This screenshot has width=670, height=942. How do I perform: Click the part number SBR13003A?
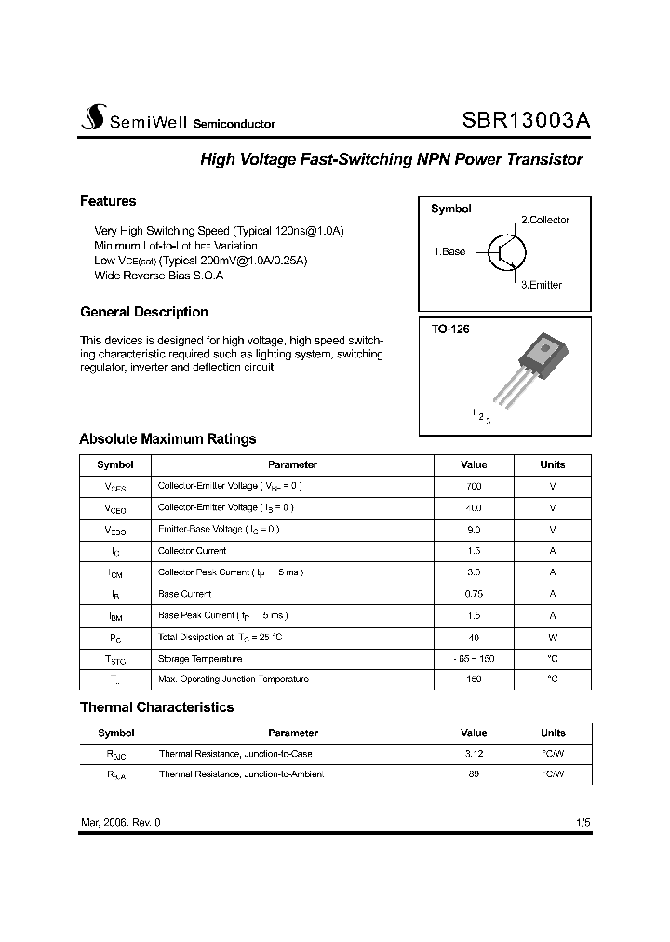(526, 121)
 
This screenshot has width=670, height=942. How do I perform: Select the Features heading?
(108, 201)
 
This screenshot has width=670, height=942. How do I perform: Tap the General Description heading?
(144, 312)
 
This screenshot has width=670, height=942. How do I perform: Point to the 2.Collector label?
(544, 220)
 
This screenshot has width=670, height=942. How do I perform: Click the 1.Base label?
(449, 252)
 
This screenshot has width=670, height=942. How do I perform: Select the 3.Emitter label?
(541, 285)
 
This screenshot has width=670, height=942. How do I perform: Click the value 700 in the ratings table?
(473, 486)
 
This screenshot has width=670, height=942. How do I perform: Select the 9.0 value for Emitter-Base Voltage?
(473, 529)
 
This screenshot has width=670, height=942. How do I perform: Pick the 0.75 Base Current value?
(473, 593)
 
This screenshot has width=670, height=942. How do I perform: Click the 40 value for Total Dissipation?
(473, 637)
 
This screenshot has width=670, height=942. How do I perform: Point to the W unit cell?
(553, 637)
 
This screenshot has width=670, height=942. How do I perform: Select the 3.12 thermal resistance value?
(473, 754)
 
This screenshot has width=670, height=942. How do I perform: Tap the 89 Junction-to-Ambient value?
(473, 774)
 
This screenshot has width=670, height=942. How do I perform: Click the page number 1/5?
(583, 823)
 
